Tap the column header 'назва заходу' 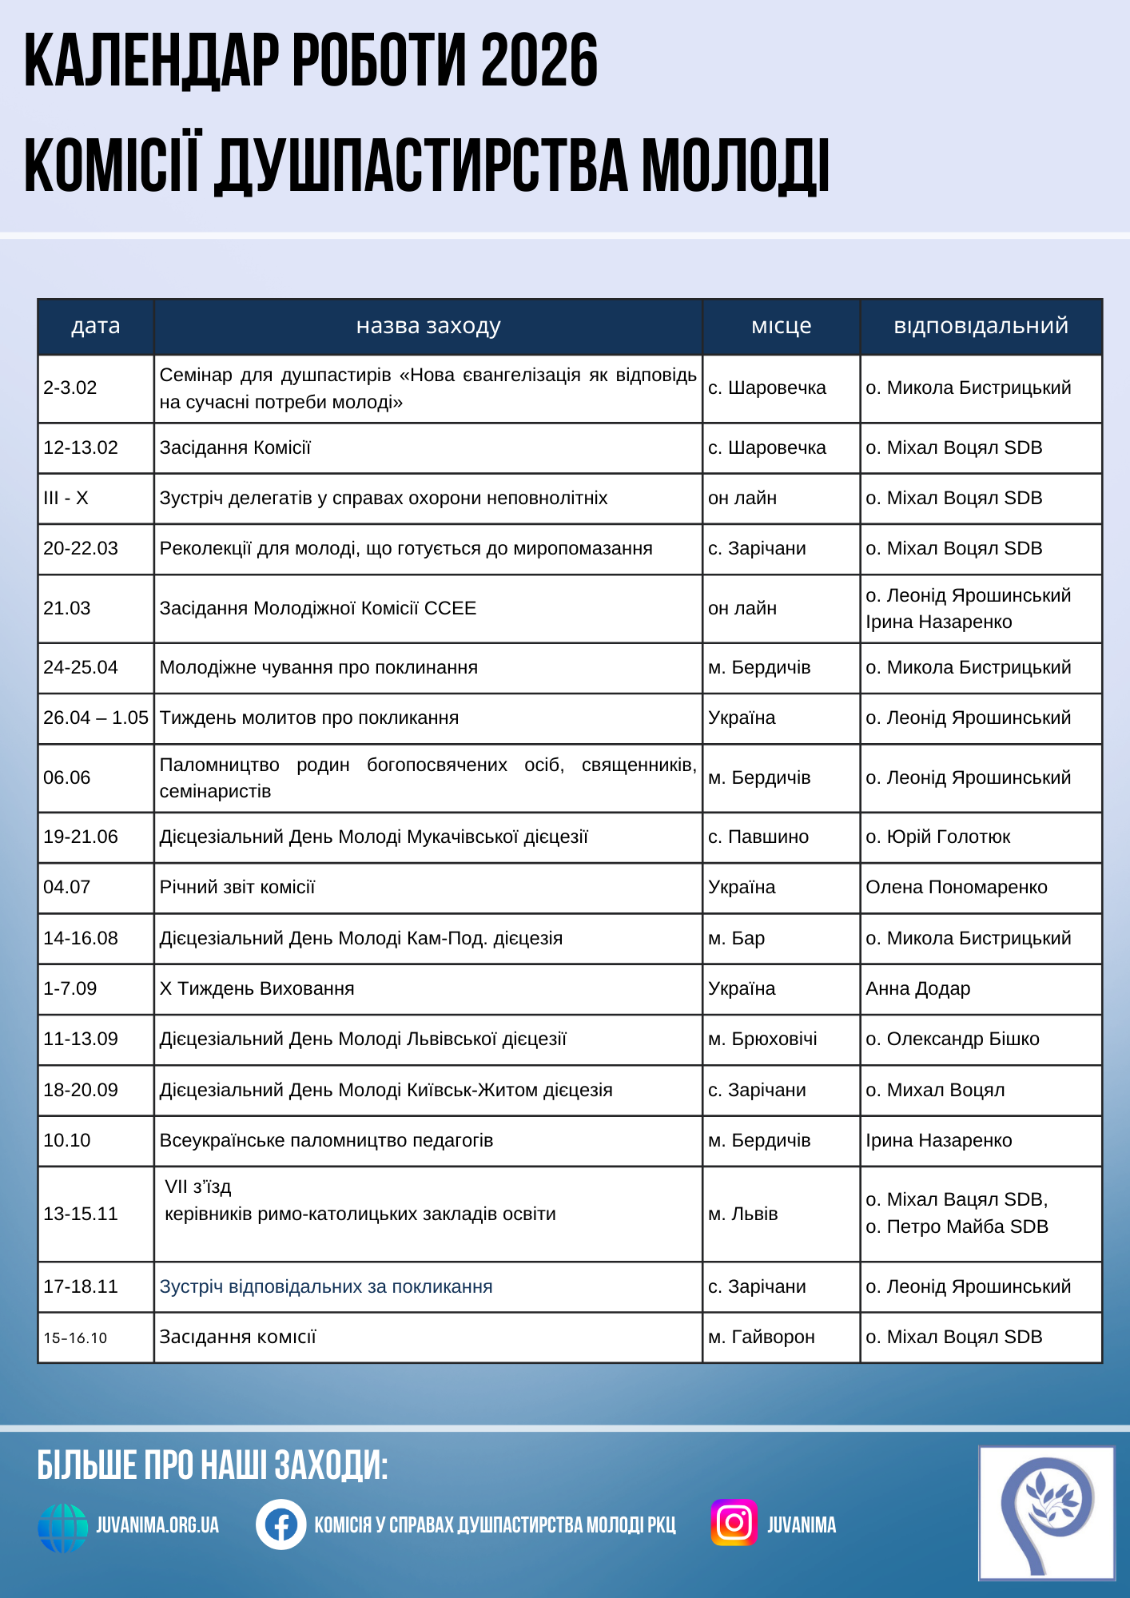click(x=428, y=326)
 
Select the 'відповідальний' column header click(x=981, y=326)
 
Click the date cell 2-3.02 click(x=70, y=388)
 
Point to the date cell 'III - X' click(x=66, y=499)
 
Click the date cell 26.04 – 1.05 click(x=96, y=718)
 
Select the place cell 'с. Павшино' click(x=758, y=837)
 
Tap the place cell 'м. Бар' click(x=737, y=939)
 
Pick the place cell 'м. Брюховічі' click(x=762, y=1039)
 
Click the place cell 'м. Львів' click(x=743, y=1214)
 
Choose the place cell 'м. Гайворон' click(x=762, y=1338)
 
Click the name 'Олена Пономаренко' click(x=957, y=888)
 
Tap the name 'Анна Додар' click(x=918, y=989)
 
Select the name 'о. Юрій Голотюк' click(x=938, y=837)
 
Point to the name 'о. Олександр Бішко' click(x=953, y=1039)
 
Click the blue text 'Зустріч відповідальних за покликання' click(x=326, y=1287)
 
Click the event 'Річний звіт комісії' click(x=237, y=888)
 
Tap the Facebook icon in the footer click(x=281, y=1524)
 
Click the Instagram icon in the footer click(x=734, y=1523)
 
